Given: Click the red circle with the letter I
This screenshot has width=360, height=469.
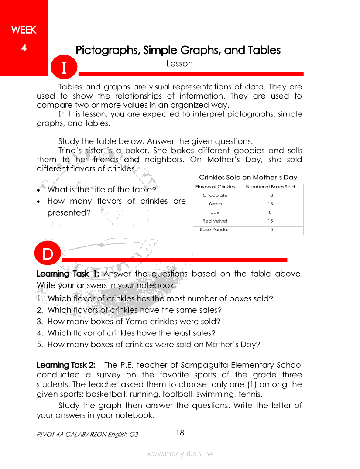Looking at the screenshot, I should [64, 68].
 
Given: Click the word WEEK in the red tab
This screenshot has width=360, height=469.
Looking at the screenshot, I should [24, 30].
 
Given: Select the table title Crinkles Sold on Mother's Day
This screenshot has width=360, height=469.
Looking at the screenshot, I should [248, 177].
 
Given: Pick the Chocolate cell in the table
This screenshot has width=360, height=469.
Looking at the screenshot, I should [215, 195].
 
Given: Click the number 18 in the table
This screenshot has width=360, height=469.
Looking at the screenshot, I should [271, 195].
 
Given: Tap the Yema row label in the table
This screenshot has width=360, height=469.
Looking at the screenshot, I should [215, 204].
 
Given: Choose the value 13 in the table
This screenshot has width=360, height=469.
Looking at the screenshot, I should [271, 204].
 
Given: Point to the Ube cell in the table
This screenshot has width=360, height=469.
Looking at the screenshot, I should [215, 212].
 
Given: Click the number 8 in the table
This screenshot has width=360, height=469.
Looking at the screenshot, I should [271, 212].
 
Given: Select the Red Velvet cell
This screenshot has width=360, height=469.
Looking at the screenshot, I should [215, 221].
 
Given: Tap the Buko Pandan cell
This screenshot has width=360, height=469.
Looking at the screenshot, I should [215, 229].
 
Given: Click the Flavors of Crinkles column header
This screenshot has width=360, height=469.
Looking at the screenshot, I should [215, 187].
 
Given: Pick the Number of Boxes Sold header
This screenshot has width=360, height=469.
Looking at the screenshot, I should [271, 187].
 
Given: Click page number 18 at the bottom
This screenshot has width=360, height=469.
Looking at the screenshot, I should [180, 433].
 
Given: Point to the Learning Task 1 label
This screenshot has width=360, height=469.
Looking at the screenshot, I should [68, 274].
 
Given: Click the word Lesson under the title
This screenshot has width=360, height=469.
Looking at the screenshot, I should [179, 64].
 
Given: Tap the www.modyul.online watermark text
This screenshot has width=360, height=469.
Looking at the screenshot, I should [180, 454].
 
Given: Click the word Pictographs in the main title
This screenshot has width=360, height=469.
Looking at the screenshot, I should [107, 50].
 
